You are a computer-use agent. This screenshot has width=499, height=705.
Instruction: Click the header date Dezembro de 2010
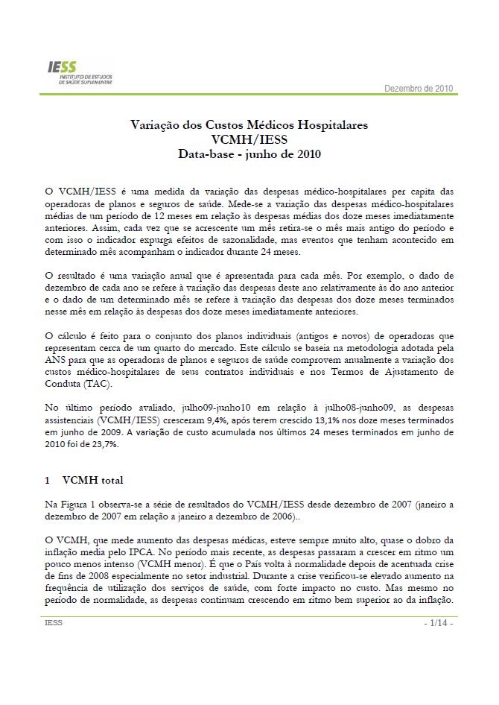(x=418, y=89)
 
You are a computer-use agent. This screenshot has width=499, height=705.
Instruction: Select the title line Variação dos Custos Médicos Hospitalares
(x=249, y=125)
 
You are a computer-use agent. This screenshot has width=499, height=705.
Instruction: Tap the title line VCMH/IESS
(x=249, y=139)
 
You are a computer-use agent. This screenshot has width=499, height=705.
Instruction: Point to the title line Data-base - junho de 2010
(x=249, y=154)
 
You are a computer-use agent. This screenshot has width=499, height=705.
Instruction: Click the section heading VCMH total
(x=93, y=480)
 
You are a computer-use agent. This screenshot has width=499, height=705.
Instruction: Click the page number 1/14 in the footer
(x=438, y=622)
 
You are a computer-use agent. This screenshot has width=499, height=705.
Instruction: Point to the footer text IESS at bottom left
(x=54, y=622)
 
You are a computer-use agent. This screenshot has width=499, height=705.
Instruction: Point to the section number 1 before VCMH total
(x=48, y=480)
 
